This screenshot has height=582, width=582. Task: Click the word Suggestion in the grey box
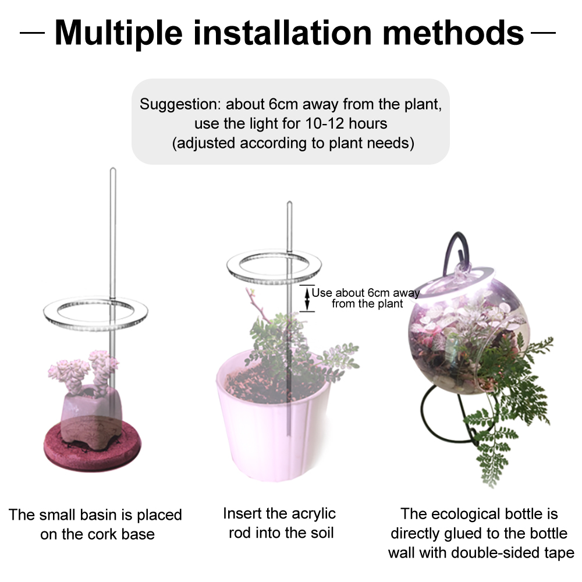(180, 105)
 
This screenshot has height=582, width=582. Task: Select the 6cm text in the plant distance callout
(379, 293)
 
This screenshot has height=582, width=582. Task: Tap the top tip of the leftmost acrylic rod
(113, 170)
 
